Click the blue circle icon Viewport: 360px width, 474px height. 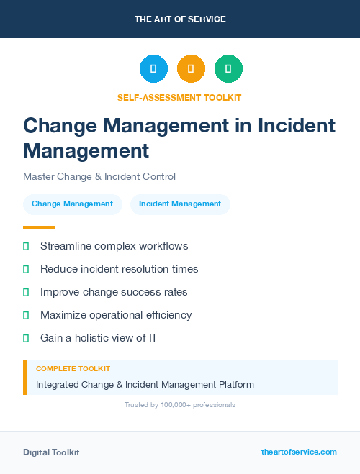[153, 69]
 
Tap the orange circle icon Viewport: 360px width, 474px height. [191, 69]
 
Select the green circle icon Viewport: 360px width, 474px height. [228, 69]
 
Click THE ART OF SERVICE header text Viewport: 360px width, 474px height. [180, 19]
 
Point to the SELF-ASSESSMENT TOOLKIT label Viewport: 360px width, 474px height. [179, 97]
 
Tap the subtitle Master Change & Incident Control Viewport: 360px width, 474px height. [99, 176]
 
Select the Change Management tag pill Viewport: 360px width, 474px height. [72, 204]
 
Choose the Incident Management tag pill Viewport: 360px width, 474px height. [180, 204]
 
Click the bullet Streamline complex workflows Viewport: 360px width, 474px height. [114, 246]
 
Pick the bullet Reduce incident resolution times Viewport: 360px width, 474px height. [119, 269]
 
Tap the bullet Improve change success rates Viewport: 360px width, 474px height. [114, 292]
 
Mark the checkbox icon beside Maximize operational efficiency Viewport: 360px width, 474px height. [26, 315]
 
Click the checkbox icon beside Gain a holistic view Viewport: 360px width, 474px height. [26, 338]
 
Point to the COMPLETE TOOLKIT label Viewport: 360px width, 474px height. [73, 368]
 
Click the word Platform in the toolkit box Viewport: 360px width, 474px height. [235, 385]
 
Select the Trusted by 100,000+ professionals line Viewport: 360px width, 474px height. [179, 405]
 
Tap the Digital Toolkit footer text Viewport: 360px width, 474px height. [51, 452]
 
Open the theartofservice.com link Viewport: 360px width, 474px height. [299, 452]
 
